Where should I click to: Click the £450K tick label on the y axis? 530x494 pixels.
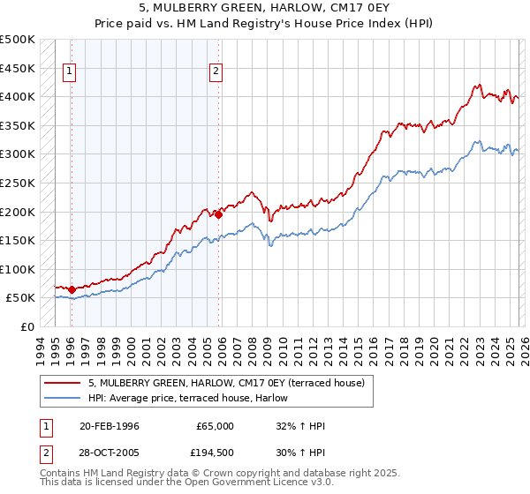pyautogui.click(x=18, y=68)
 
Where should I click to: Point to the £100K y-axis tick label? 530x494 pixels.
pyautogui.click(x=18, y=269)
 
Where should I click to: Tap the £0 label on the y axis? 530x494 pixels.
pyautogui.click(x=26, y=326)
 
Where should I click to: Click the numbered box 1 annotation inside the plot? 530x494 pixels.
pyautogui.click(x=70, y=73)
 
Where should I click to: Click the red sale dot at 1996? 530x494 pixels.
pyautogui.click(x=72, y=289)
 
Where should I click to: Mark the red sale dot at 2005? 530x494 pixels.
pyautogui.click(x=218, y=214)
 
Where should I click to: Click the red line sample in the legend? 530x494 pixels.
pyautogui.click(x=63, y=383)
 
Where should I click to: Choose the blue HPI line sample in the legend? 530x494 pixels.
pyautogui.click(x=63, y=397)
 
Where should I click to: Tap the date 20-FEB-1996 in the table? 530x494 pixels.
pyautogui.click(x=109, y=426)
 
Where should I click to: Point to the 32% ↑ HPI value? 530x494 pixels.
pyautogui.click(x=300, y=426)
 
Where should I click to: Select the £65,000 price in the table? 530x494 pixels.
pyautogui.click(x=215, y=426)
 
